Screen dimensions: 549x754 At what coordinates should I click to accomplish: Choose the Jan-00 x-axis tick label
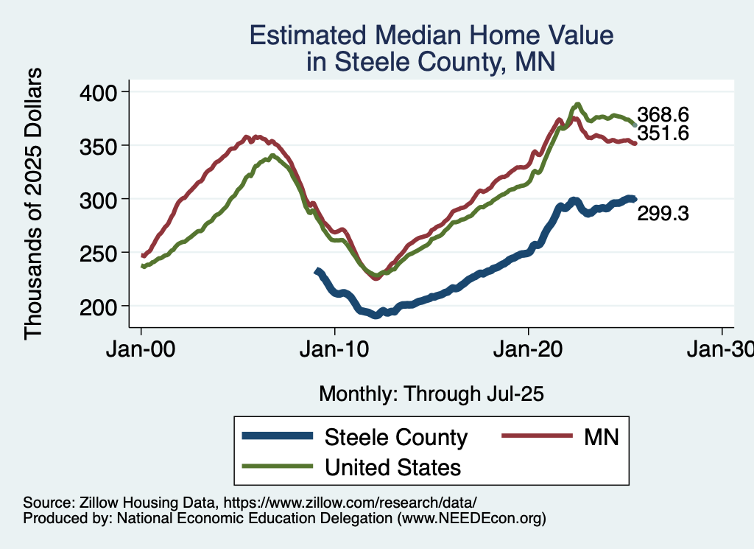tap(141, 349)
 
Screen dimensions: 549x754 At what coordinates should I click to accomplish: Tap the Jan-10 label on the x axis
tap(335, 349)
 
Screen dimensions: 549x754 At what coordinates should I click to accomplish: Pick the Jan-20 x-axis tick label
tap(529, 349)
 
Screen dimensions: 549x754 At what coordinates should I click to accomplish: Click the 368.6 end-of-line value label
tap(663, 115)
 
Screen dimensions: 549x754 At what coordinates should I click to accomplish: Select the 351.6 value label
tap(663, 133)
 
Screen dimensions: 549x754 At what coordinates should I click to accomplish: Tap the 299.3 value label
tap(663, 214)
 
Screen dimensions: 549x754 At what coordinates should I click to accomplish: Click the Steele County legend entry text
tap(396, 437)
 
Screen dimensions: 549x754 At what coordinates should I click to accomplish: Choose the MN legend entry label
tap(602, 437)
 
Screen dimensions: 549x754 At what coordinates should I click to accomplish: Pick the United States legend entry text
tap(393, 467)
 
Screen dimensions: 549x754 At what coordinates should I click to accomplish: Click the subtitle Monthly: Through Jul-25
tap(431, 394)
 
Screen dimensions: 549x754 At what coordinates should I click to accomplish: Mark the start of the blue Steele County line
tap(317, 271)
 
